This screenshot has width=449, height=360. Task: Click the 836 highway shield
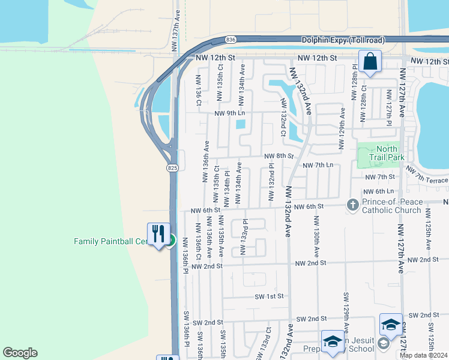pos(231,39)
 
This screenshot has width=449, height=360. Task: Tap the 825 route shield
pos(173,167)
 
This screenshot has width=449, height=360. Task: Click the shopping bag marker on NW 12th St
pos(370,61)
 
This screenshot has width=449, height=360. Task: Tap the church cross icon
pos(354,205)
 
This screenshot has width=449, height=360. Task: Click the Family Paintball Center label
pos(110,241)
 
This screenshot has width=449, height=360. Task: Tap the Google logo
pos(20,353)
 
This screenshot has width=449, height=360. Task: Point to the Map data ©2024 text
pos(424,355)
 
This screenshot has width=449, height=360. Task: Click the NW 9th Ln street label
pos(231,113)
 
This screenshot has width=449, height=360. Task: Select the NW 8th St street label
pos(280,156)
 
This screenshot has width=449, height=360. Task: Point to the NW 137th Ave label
pos(175,25)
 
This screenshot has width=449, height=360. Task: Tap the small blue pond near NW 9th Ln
pos(241,124)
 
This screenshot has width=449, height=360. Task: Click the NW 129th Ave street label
pos(342,123)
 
